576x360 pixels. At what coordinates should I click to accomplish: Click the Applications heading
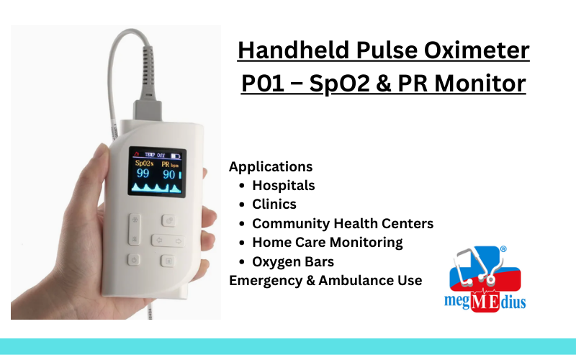click(271, 167)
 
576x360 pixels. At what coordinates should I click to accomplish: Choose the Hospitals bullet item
click(284, 186)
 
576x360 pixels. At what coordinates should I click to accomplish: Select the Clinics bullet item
click(274, 204)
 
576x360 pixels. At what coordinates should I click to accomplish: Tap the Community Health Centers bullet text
click(343, 224)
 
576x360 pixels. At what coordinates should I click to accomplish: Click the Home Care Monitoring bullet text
click(328, 243)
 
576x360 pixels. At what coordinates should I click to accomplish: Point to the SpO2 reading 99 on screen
click(143, 174)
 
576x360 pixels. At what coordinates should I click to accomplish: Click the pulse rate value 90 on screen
click(170, 174)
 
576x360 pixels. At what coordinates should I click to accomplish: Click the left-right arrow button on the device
click(165, 240)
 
